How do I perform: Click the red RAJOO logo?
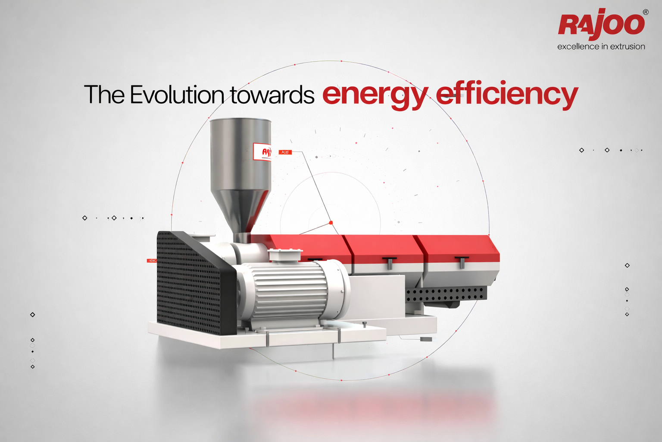coord(601,24)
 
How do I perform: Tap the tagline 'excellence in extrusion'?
coord(601,47)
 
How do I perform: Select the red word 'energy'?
coord(375,95)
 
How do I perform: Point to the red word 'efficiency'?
coord(506,95)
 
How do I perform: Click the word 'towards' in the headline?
coord(272,95)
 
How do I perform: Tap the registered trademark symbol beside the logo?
coord(645,13)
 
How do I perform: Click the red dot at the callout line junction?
coord(331,223)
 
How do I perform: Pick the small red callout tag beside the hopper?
coord(285,152)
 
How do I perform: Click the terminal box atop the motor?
coord(285,255)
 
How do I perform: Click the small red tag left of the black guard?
coord(152,261)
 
